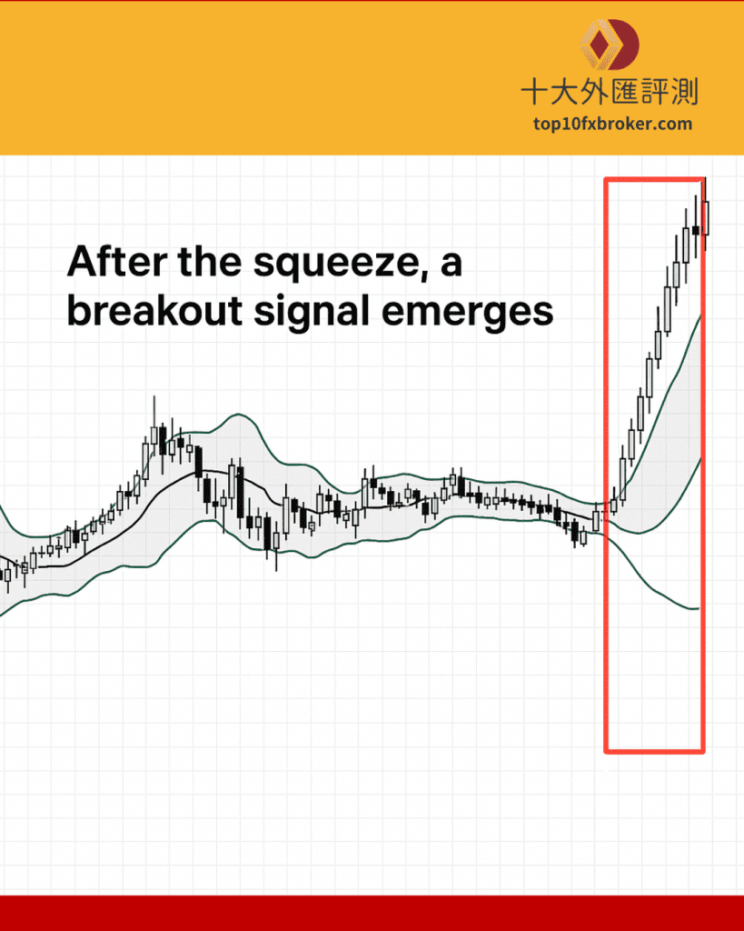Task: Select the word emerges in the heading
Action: (467, 313)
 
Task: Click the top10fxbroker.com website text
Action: (612, 124)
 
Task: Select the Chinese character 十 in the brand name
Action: (535, 92)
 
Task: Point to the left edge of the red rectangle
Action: (606, 465)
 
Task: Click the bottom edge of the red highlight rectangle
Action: (654, 751)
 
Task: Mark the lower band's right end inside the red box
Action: (699, 608)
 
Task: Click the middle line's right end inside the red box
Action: (700, 458)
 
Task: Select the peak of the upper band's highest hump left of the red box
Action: (238, 415)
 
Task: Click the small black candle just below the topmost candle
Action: (696, 230)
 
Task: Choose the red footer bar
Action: (372, 913)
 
